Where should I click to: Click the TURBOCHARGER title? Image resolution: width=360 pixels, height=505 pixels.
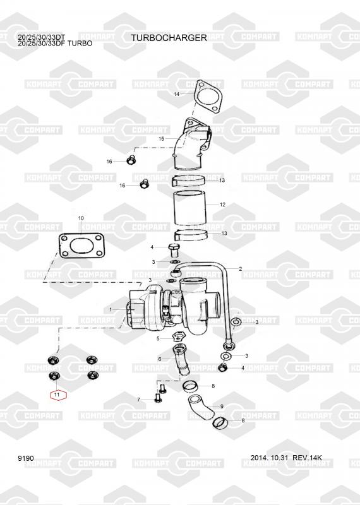tap(169, 38)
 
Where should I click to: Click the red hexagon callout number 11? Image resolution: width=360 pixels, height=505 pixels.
tap(58, 395)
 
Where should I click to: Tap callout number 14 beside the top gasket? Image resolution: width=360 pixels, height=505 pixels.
tap(176, 94)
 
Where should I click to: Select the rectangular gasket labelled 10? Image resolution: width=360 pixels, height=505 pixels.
tap(81, 246)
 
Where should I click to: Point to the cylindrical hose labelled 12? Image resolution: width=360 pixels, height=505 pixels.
tap(189, 208)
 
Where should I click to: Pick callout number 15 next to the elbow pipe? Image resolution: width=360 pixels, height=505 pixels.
tap(161, 139)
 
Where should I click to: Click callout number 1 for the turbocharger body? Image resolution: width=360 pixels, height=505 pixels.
tap(111, 310)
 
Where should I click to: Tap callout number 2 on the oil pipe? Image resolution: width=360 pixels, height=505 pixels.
tap(240, 269)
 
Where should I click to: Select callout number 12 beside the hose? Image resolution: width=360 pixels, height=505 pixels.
tap(222, 205)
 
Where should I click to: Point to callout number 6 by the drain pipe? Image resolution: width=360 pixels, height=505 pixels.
tap(160, 359)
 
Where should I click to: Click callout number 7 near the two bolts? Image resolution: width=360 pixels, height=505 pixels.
tap(138, 400)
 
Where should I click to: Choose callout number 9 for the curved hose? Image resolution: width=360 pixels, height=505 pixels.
tap(222, 407)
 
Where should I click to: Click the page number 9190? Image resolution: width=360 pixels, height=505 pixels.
tap(26, 458)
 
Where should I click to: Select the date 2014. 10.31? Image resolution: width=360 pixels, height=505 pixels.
tap(269, 458)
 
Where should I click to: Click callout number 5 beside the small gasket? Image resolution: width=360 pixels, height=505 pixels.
tap(158, 338)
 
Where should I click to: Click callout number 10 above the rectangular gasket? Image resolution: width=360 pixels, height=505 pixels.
tap(81, 218)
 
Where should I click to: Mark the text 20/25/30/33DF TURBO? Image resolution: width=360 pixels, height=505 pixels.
tap(55, 44)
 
